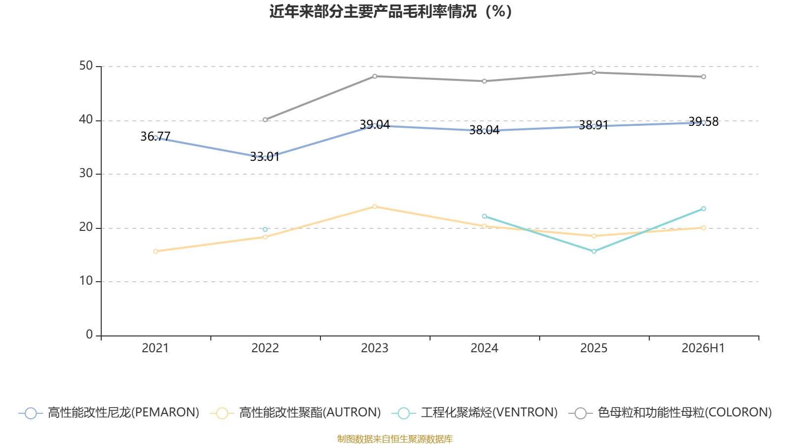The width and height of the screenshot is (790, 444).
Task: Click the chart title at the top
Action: coord(391,11)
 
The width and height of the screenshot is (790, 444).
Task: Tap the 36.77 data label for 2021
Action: coord(155,136)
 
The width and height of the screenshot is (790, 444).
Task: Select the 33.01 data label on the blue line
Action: coord(265,157)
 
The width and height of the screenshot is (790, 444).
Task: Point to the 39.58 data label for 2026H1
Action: coord(703,121)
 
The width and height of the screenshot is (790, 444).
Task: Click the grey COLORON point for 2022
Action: coord(265,120)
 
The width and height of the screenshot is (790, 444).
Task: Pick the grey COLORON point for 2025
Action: coord(594,73)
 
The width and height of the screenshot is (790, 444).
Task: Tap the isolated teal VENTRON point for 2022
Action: coord(265,229)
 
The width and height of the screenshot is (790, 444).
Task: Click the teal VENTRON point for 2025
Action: coord(594,251)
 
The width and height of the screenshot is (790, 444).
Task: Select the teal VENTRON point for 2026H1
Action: coord(703,209)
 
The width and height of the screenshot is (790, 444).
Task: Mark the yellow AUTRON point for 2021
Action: coord(156,251)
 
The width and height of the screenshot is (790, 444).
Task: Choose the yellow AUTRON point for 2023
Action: coord(375,207)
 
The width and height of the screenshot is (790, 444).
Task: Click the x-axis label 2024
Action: coord(484,348)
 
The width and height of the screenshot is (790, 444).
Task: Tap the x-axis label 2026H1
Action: coord(703,348)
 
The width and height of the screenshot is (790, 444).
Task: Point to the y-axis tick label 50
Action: coord(86,66)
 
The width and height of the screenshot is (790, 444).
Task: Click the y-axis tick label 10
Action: coord(86,281)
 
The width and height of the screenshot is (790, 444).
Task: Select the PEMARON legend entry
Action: coord(109,412)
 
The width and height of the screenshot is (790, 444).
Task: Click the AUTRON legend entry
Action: coord(295,412)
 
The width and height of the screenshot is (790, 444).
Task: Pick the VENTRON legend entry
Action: coord(474,412)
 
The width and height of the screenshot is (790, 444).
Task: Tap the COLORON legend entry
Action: coord(670,412)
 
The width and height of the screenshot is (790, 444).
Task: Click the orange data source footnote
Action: coord(395,439)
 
